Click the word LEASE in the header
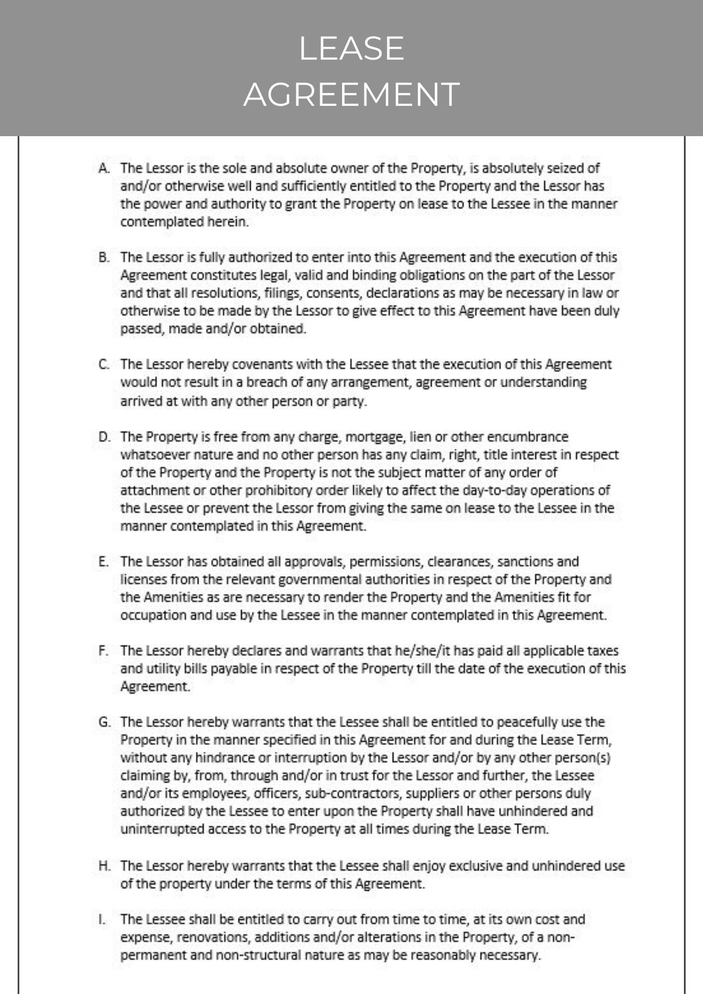coord(351,48)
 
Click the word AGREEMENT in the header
coord(351,94)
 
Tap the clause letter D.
coord(104,437)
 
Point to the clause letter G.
coord(104,722)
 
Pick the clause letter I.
coord(102,919)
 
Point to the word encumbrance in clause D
coord(527,437)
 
